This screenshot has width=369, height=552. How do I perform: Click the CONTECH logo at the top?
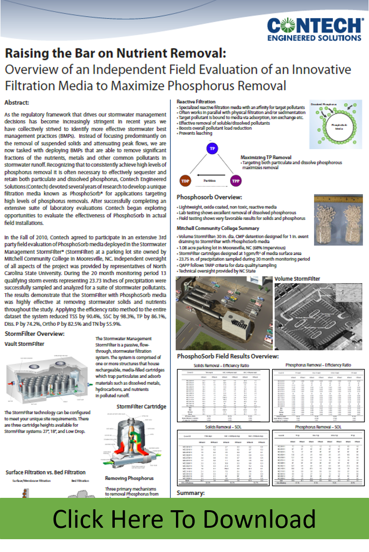pyautogui.click(x=314, y=29)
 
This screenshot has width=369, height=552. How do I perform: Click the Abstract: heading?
pyautogui.click(x=17, y=102)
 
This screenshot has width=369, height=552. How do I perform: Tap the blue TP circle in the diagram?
pyautogui.click(x=213, y=149)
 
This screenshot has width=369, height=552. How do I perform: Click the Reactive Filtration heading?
pyautogui.click(x=196, y=102)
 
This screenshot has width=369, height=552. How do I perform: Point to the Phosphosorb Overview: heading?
pyautogui.click(x=209, y=197)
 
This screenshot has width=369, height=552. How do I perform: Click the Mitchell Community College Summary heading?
pyautogui.click(x=219, y=228)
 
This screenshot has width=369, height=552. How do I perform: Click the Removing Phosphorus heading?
pyautogui.click(x=129, y=478)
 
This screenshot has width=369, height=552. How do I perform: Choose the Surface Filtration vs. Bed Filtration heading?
pyautogui.click(x=46, y=472)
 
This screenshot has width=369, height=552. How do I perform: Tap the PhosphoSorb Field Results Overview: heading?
pyautogui.click(x=227, y=356)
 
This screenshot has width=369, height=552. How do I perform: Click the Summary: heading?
pyautogui.click(x=190, y=493)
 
